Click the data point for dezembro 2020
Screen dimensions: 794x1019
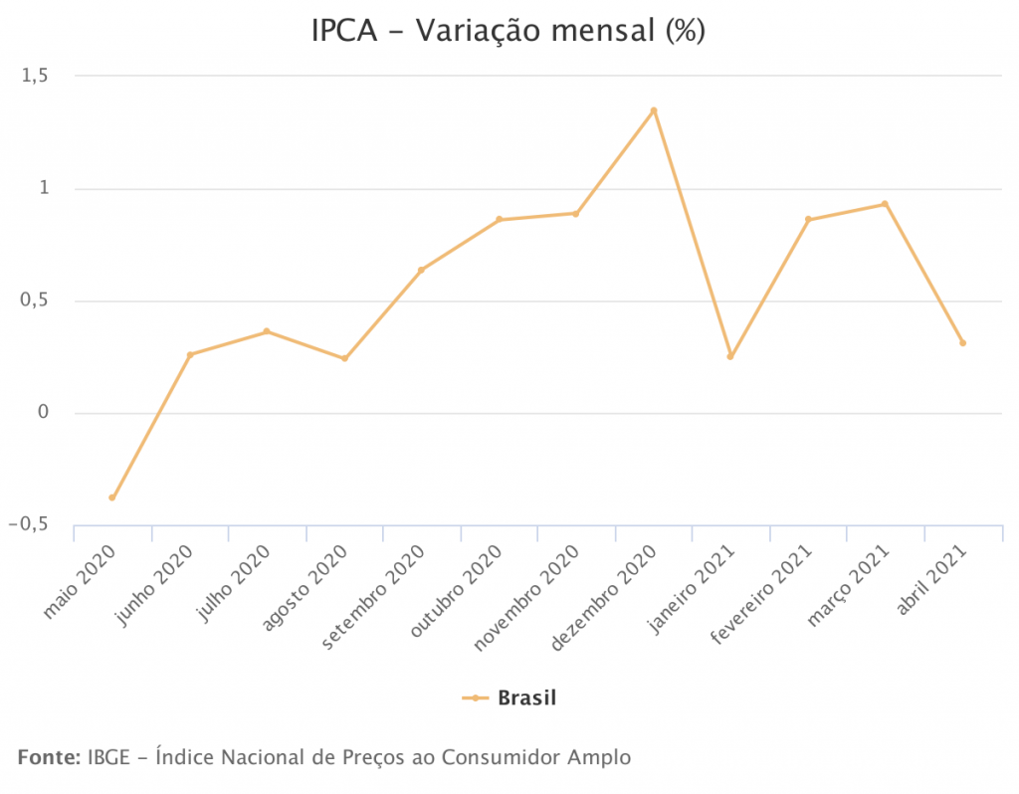click(x=654, y=110)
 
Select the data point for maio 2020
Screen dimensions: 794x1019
click(x=112, y=497)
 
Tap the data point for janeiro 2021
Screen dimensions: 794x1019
click(x=730, y=356)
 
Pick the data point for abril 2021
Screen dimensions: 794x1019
click(x=962, y=343)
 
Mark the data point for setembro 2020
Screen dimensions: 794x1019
click(x=421, y=270)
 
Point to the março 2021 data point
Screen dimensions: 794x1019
click(x=885, y=204)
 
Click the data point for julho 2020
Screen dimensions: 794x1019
click(x=267, y=331)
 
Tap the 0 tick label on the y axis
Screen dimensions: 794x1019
click(x=43, y=413)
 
